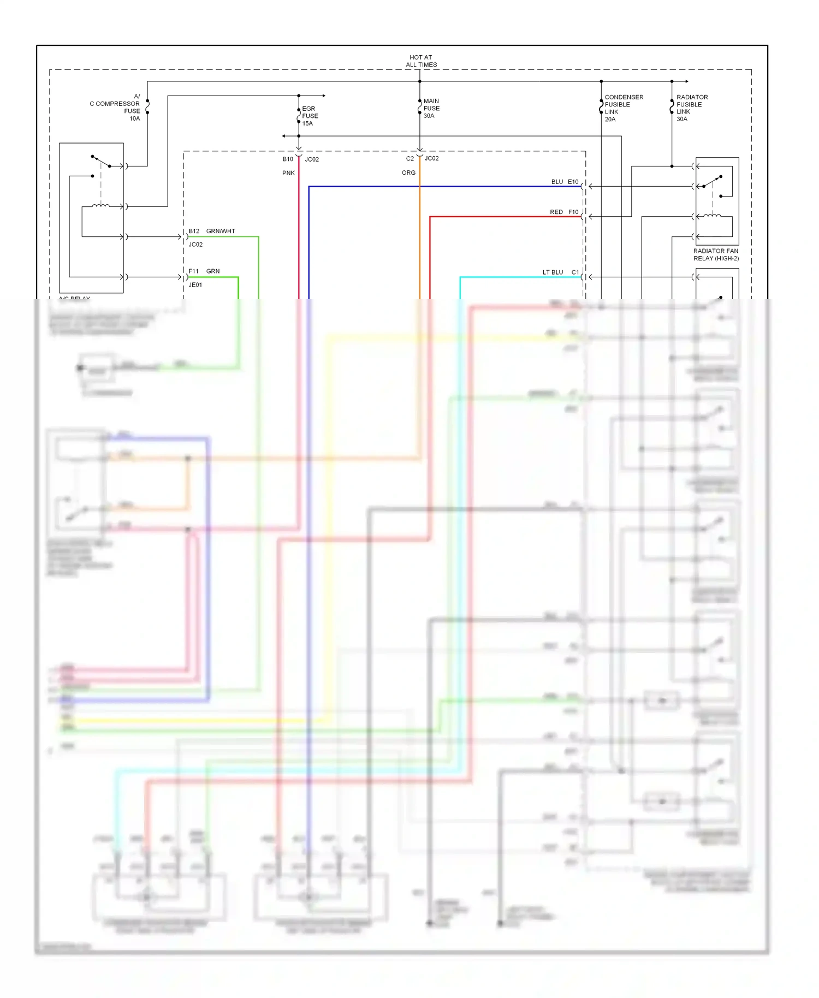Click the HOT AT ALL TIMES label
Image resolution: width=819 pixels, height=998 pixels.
point(420,61)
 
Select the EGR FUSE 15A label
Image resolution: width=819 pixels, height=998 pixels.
point(310,116)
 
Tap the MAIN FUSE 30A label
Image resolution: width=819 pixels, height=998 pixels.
point(431,108)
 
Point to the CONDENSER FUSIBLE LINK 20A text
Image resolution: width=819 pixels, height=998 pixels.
point(623,108)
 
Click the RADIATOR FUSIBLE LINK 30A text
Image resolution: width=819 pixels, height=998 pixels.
point(691,108)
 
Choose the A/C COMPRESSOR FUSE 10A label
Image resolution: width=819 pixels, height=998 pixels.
point(116,107)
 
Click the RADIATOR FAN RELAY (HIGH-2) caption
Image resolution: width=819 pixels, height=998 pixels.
point(715,254)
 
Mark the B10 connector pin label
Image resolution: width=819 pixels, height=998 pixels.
point(288,159)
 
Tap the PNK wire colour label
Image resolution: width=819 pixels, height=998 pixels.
point(288,173)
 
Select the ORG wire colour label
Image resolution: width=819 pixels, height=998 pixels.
point(408,173)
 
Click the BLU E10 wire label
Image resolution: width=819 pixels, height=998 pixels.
point(564,182)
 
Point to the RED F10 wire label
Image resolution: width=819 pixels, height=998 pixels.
point(563,212)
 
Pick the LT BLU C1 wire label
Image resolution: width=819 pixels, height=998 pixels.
point(560,272)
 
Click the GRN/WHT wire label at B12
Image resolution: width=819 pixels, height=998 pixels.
point(221,231)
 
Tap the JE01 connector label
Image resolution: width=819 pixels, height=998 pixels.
point(195,285)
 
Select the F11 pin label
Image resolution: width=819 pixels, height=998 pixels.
point(193,271)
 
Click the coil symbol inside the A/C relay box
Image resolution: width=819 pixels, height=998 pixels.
point(100,206)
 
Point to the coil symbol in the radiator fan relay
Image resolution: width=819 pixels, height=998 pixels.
point(711,216)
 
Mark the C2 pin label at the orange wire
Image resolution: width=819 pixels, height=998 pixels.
point(410,158)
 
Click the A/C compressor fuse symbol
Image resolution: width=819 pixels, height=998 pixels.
point(147,106)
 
